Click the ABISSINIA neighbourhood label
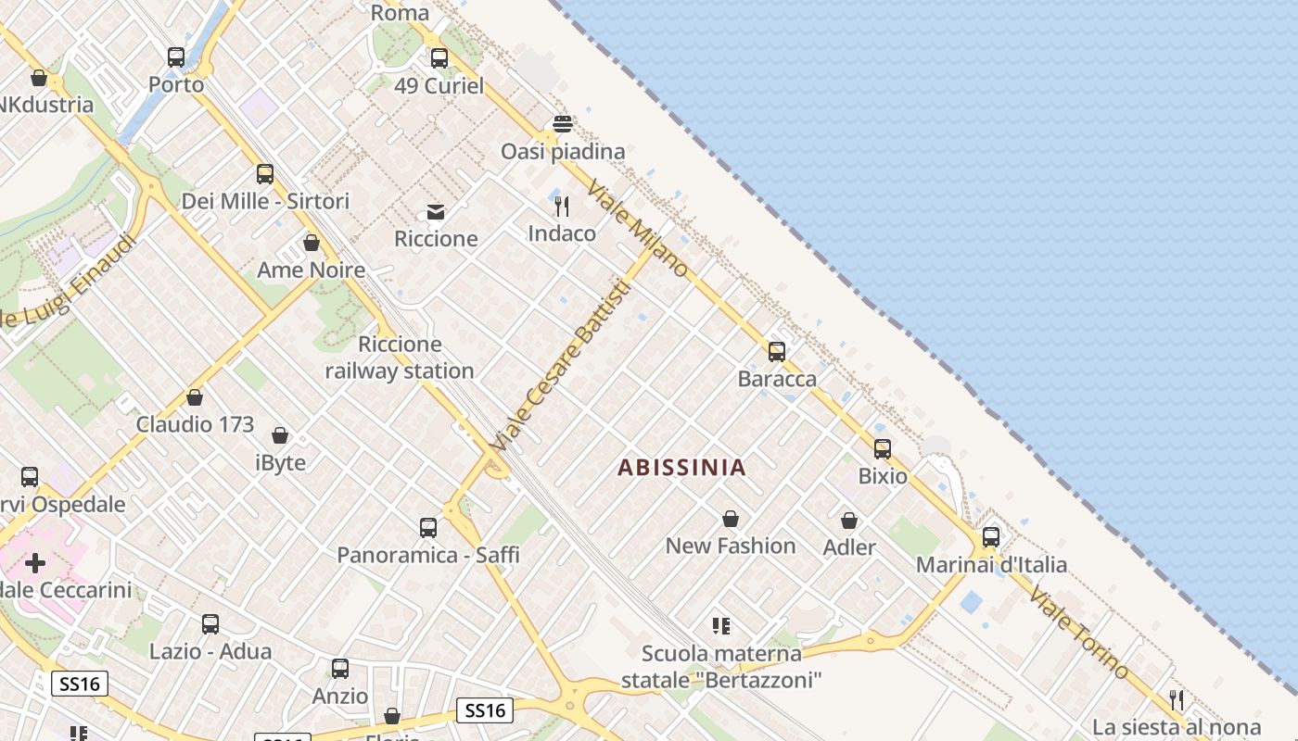pyautogui.click(x=681, y=467)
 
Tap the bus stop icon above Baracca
pyautogui.click(x=777, y=352)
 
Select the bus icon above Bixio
pyautogui.click(x=883, y=449)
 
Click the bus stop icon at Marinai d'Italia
pyautogui.click(x=991, y=537)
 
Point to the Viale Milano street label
pyautogui.click(x=638, y=228)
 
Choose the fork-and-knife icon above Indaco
pyautogui.click(x=562, y=207)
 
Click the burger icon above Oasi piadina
pyautogui.click(x=563, y=124)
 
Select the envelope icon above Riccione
pyautogui.click(x=436, y=212)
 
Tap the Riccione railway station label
pyautogui.click(x=400, y=358)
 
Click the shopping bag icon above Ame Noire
pyautogui.click(x=312, y=243)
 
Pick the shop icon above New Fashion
pyautogui.click(x=731, y=519)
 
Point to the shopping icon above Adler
pyautogui.click(x=849, y=521)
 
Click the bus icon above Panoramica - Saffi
pyautogui.click(x=428, y=528)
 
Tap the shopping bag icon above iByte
pyautogui.click(x=280, y=435)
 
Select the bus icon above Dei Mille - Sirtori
pyautogui.click(x=265, y=174)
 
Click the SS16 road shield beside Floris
pyautogui.click(x=486, y=710)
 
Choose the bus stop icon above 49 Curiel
pyautogui.click(x=439, y=58)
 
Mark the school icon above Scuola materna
pyautogui.click(x=720, y=626)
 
